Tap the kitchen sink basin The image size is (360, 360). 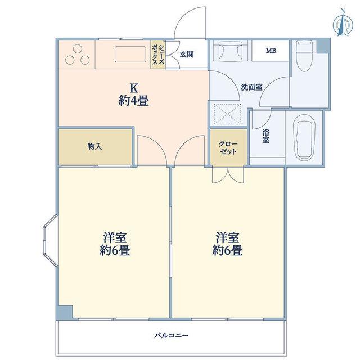(x=130, y=54)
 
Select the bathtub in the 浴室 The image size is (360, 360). (x=304, y=137)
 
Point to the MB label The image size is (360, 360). (x=271, y=51)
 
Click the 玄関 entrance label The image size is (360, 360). (x=187, y=55)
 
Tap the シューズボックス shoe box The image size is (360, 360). (x=158, y=55)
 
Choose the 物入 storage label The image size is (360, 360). (x=94, y=146)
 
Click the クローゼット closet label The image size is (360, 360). (x=228, y=147)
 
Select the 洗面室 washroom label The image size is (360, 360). (x=251, y=87)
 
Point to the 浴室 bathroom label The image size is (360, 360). (x=266, y=136)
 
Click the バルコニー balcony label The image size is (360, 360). (x=171, y=336)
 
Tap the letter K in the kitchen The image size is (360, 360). (x=134, y=88)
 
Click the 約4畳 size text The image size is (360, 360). (x=134, y=101)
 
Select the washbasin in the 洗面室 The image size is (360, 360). (x=231, y=51)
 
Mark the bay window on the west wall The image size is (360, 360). (x=50, y=241)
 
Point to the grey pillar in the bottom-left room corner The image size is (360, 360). (x=65, y=312)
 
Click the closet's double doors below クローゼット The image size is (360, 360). (x=228, y=175)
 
